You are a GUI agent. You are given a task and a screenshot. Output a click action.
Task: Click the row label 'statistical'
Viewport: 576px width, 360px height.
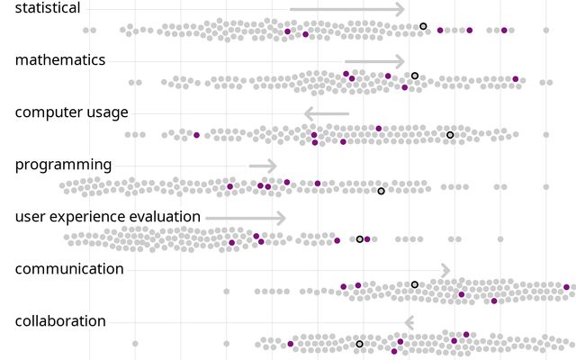[x=48, y=8]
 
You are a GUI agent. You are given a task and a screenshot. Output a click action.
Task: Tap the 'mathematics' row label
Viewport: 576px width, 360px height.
[x=60, y=60]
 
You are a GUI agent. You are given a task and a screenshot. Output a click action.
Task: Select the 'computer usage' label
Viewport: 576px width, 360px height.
[x=72, y=112]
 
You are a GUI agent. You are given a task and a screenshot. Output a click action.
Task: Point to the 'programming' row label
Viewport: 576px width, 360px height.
[x=64, y=165]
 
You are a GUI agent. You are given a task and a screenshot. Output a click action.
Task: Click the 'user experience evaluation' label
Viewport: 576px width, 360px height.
[x=108, y=217]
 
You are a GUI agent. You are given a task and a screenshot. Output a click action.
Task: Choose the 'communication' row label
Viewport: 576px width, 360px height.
[x=69, y=269]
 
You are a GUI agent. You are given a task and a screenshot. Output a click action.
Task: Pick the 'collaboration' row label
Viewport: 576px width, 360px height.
[x=60, y=321]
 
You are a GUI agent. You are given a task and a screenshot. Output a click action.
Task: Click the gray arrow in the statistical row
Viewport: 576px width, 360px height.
[x=346, y=9]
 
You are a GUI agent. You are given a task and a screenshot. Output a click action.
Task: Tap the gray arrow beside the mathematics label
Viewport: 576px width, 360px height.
[x=374, y=61]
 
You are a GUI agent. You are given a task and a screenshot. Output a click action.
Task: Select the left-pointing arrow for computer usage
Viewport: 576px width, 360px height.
[x=326, y=113]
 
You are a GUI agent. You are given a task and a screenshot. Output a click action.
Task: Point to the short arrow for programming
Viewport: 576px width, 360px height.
[x=263, y=166]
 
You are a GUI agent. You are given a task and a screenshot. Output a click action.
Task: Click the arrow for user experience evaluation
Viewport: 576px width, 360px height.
[x=245, y=218]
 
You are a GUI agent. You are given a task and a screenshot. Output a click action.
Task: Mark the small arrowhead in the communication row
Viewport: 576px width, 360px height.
[x=445, y=270]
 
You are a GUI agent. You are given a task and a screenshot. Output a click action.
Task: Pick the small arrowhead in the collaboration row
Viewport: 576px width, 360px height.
[x=409, y=322]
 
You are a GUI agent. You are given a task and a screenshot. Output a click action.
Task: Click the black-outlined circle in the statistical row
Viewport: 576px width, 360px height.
[x=424, y=26]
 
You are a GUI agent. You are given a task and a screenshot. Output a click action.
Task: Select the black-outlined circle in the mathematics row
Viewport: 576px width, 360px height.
[x=415, y=76]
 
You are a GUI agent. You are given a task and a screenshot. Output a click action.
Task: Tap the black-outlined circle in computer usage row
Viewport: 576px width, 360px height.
[x=450, y=135]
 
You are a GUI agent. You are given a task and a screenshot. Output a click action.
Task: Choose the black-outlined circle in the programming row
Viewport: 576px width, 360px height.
[x=381, y=191]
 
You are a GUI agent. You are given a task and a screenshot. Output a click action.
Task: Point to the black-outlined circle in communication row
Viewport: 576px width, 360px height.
[x=415, y=284]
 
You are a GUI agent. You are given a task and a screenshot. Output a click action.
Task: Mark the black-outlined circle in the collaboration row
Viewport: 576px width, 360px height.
[x=359, y=344]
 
